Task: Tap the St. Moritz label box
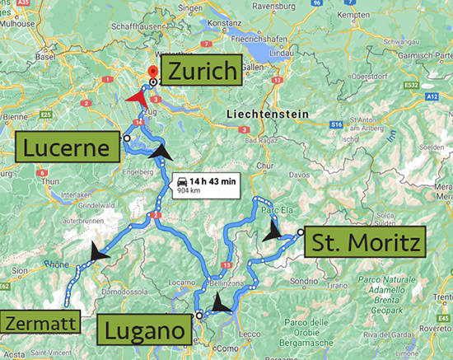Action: [x=363, y=243]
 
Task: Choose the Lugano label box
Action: [x=147, y=332]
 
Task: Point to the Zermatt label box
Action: [x=41, y=322]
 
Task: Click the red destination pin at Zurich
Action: [x=151, y=72]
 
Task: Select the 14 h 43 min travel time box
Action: [x=206, y=185]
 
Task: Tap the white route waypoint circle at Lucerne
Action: [x=126, y=139]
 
